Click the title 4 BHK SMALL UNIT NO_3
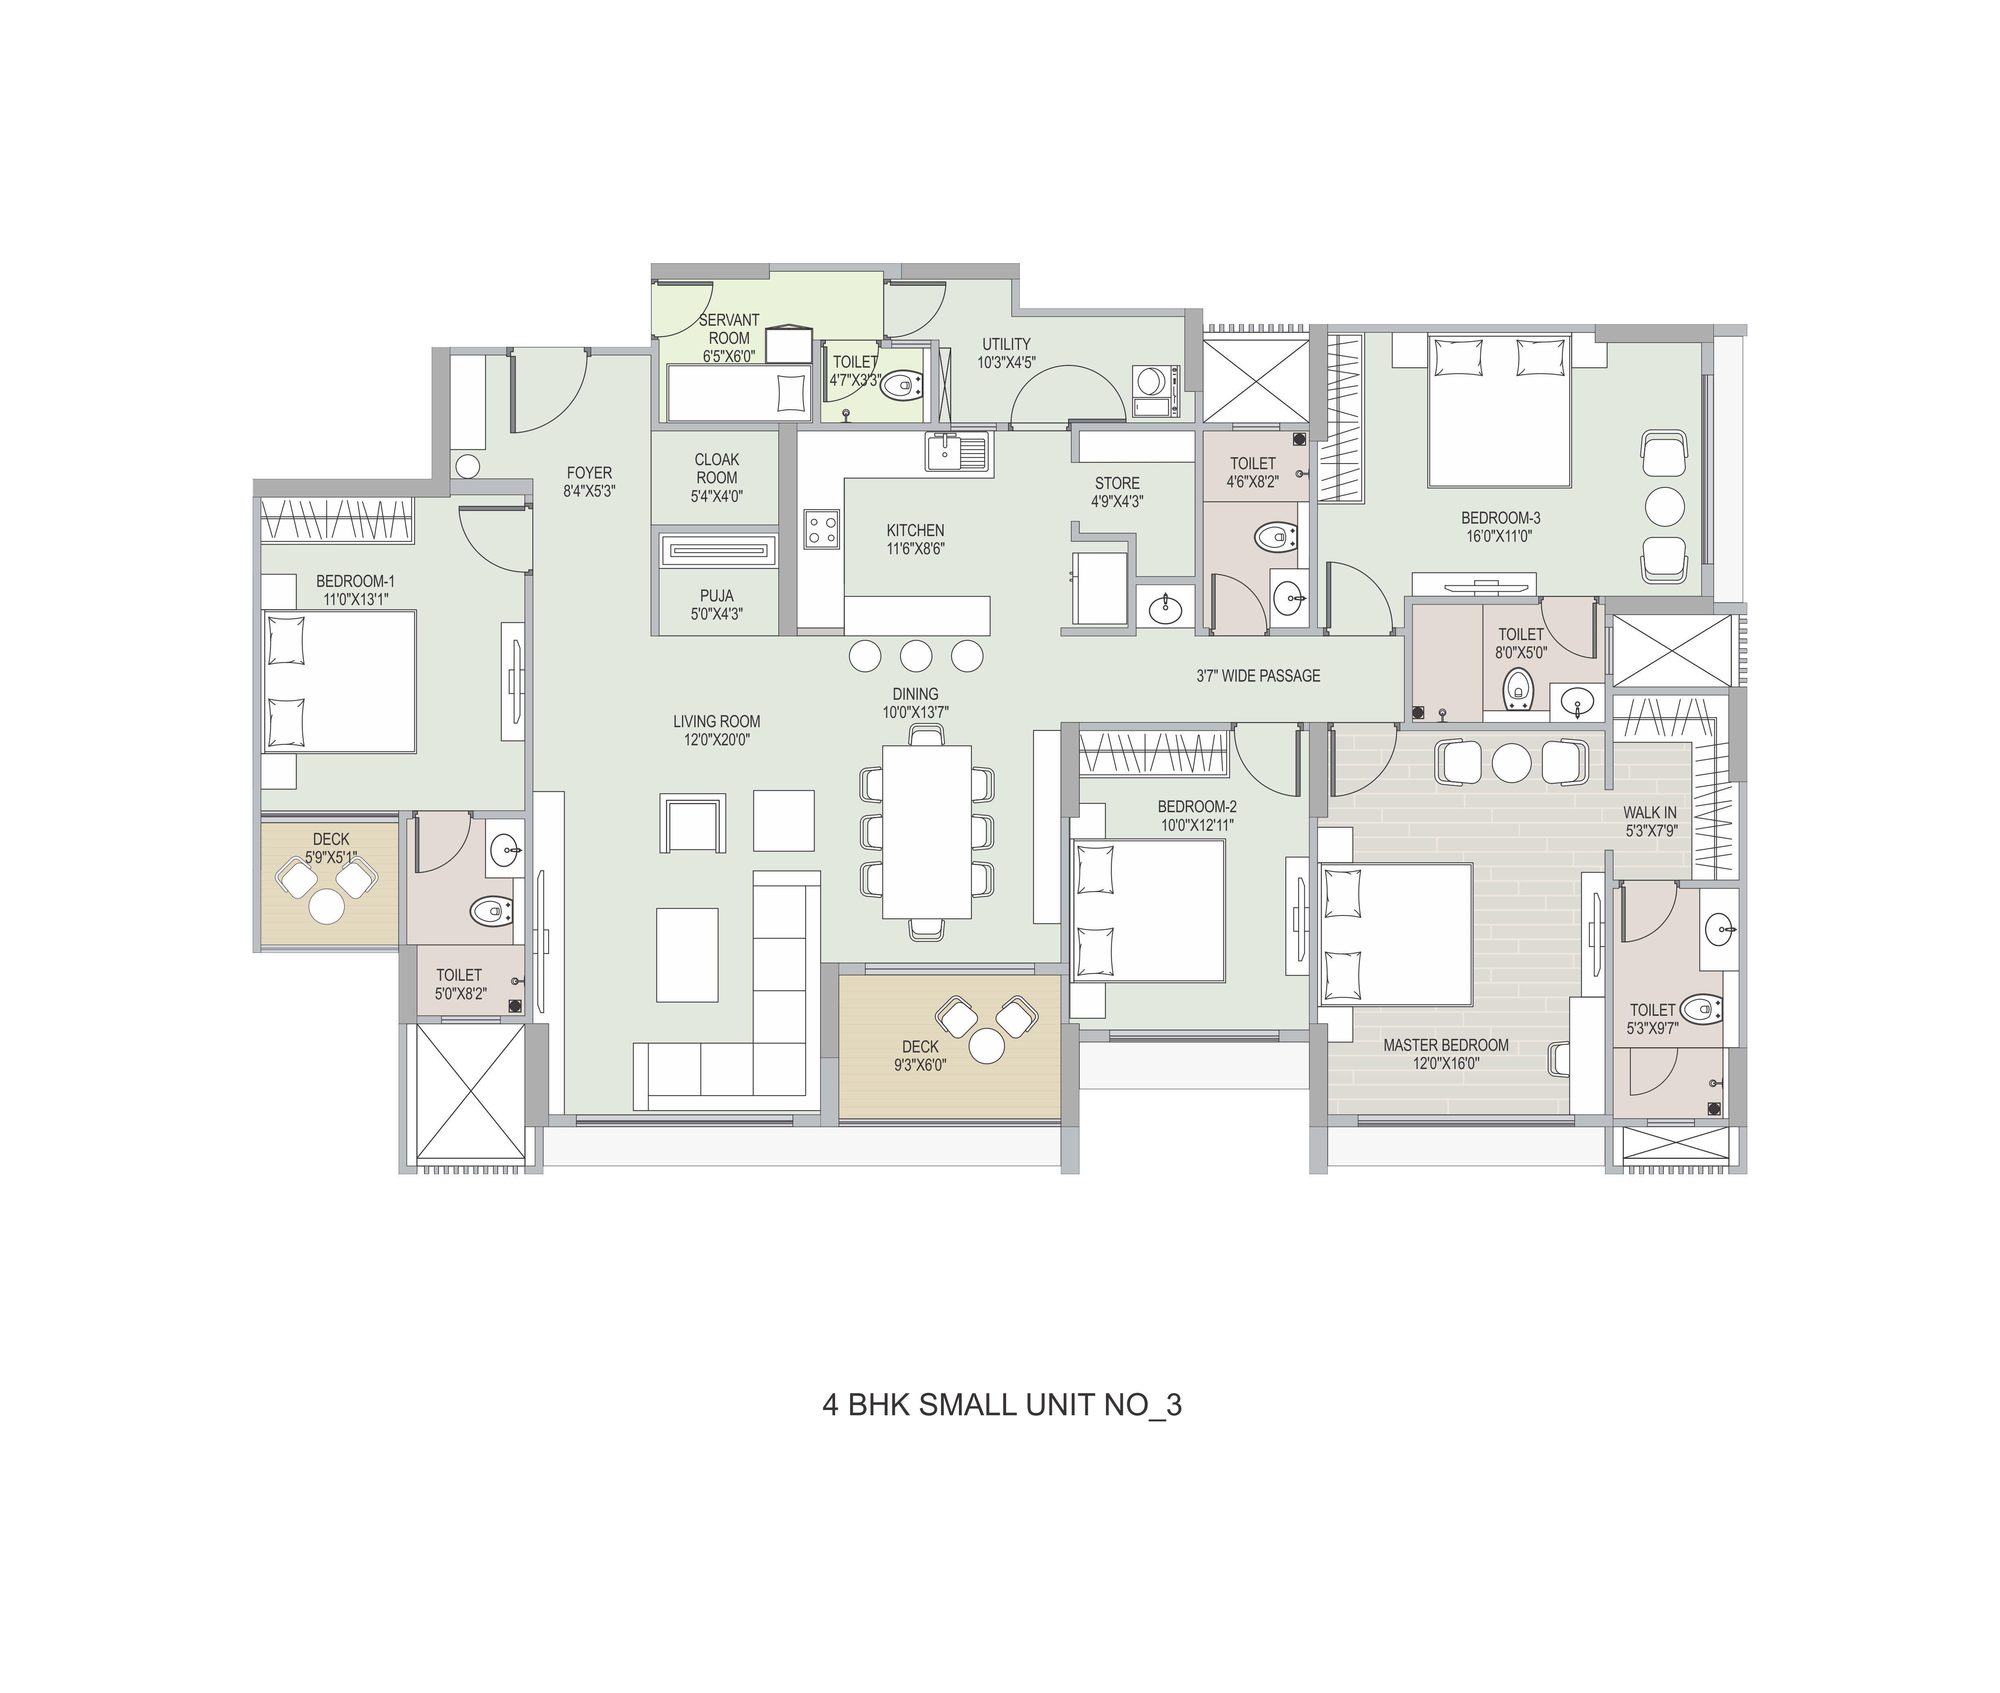pyautogui.click(x=1002, y=1405)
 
